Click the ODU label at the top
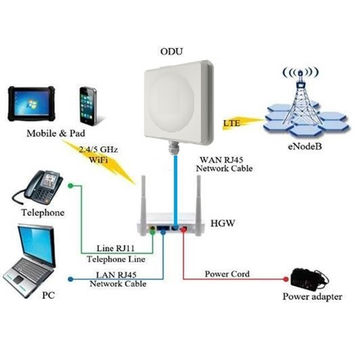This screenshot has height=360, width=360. coord(171,49)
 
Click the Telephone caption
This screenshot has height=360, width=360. coord(43,213)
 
